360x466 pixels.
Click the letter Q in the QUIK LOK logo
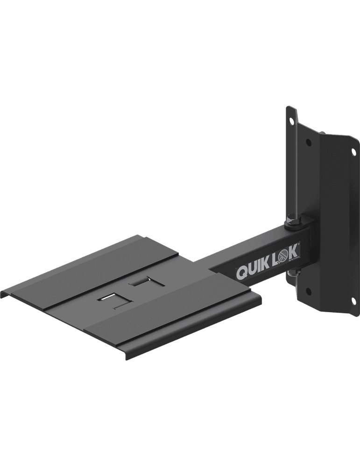pyautogui.click(x=242, y=272)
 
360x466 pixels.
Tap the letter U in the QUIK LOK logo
pyautogui.click(x=253, y=269)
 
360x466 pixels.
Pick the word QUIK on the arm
pyautogui.click(x=254, y=268)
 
